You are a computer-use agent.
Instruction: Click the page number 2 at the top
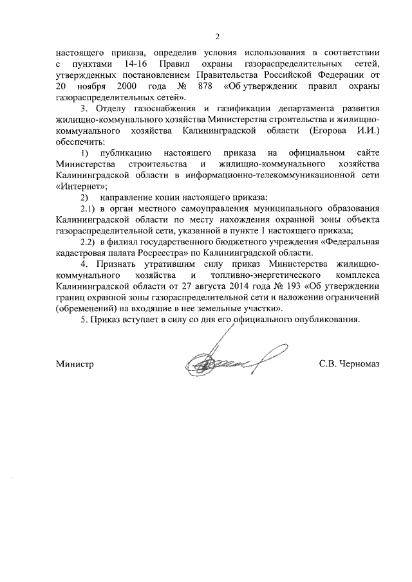[x=218, y=36]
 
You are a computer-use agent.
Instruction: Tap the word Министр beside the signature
[x=75, y=364]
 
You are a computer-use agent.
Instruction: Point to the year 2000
[x=127, y=86]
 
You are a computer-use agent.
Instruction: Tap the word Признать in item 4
[x=114, y=264]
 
